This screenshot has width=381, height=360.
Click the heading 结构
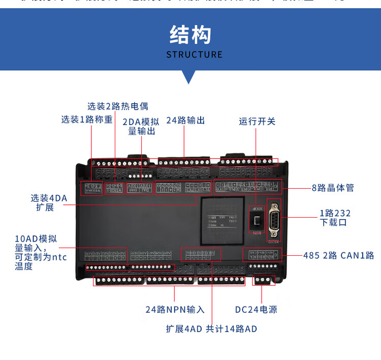pos(190,35)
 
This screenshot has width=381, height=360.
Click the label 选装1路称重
pos(87,119)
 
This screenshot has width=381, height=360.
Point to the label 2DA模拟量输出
pos(141,126)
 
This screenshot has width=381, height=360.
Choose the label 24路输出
pos(185,120)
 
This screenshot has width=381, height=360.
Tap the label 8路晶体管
pos(333,188)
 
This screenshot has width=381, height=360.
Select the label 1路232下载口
pos(335,218)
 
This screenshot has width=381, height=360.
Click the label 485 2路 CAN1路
pos(338,255)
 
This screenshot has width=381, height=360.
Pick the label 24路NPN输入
pos(175,309)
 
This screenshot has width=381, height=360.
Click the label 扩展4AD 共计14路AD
pos(211,328)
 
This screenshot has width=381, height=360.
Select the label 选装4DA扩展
pos(49,202)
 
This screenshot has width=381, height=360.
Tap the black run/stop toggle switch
pos(255,220)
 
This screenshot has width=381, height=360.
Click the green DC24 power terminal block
pos(262,280)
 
